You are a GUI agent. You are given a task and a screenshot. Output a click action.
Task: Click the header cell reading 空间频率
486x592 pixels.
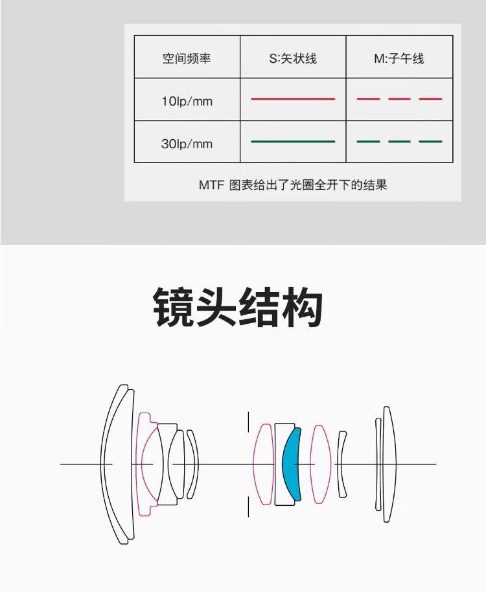[x=187, y=58]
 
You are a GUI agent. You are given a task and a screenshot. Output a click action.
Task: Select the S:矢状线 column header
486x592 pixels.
[x=293, y=58]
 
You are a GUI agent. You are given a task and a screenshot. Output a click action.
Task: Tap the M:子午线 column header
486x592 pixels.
[x=399, y=58]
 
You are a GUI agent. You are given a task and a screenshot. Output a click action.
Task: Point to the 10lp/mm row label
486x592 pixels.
[x=187, y=101]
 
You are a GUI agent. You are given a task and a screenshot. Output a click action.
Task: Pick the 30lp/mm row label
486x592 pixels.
[x=187, y=143]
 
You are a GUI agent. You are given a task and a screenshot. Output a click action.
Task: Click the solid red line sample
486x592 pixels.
[x=293, y=98]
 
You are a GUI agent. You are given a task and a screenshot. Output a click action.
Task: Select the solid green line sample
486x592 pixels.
[x=293, y=141]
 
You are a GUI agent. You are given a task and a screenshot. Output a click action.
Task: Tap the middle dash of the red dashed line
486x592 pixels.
[x=399, y=98]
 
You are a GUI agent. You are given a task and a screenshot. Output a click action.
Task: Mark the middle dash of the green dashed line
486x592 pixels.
[x=399, y=141]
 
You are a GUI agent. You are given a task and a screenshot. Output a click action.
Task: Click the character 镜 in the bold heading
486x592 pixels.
[x=174, y=308]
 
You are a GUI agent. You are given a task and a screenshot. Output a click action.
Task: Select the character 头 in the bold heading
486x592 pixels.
[x=216, y=308]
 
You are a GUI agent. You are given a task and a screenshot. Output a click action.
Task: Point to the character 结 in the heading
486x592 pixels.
[x=259, y=308]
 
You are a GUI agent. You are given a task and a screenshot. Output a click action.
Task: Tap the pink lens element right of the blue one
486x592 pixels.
[x=320, y=464]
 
